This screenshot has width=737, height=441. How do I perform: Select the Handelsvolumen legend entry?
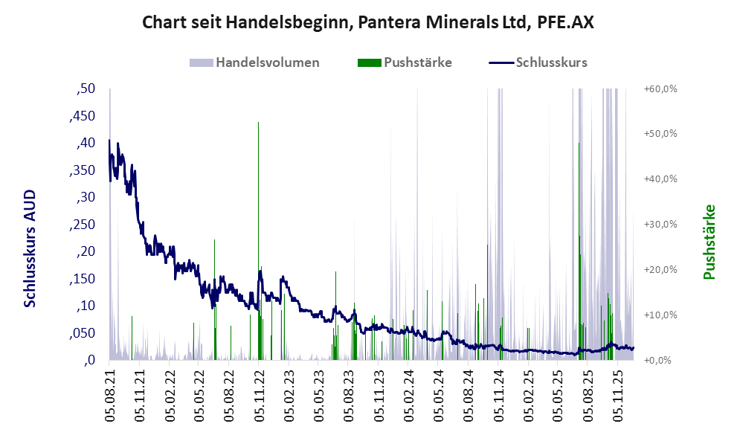(267, 62)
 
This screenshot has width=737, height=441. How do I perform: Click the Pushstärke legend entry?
(417, 62)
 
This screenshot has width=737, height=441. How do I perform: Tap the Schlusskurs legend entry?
(551, 62)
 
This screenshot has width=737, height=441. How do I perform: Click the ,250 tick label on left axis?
(82, 225)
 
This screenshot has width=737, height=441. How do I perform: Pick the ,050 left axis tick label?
(82, 333)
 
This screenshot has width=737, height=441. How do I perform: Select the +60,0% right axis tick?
(660, 89)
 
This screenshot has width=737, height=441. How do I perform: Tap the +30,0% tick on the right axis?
(660, 225)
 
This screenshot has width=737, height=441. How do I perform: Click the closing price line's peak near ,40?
(109, 141)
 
